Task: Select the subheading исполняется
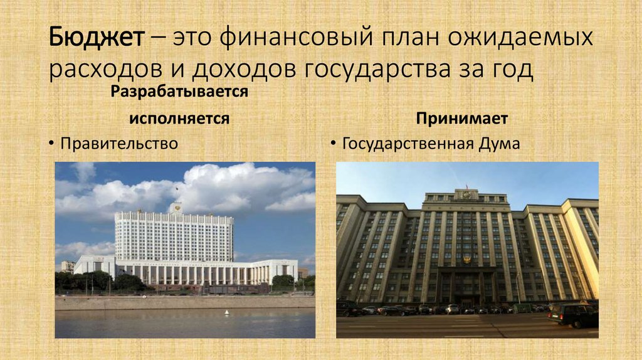[x=179, y=119]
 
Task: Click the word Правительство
[x=119, y=144]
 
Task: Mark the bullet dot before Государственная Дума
[x=333, y=144]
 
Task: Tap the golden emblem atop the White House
[x=178, y=205]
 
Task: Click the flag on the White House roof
[x=176, y=189]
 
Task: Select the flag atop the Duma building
[x=466, y=187]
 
